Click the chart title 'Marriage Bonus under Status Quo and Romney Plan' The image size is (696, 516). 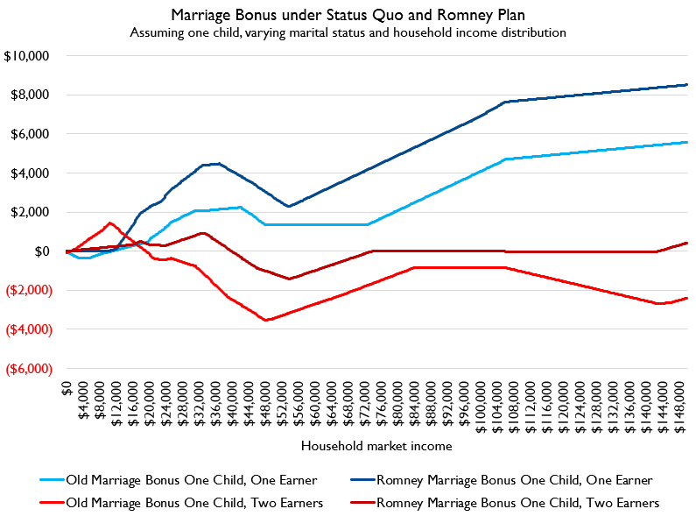pyautogui.click(x=348, y=15)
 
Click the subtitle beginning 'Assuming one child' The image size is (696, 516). pyautogui.click(x=348, y=32)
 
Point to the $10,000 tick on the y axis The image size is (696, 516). pyautogui.click(x=29, y=56)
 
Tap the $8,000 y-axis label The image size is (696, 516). pyautogui.click(x=32, y=95)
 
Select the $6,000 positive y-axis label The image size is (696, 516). pyautogui.click(x=32, y=134)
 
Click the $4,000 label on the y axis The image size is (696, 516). pyautogui.click(x=32, y=173)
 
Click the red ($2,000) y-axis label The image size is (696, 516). pyautogui.click(x=30, y=290)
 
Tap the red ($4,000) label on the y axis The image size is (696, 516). pyautogui.click(x=30, y=329)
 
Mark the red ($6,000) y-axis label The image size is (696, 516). pyautogui.click(x=30, y=369)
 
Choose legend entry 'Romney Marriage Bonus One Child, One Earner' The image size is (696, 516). pyautogui.click(x=514, y=479)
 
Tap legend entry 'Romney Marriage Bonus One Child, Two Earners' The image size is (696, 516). pyautogui.click(x=517, y=502)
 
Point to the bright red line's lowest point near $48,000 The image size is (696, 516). pyautogui.click(x=265, y=320)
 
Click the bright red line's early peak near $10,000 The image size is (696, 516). pyautogui.click(x=109, y=223)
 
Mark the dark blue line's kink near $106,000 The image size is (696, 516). pyautogui.click(x=506, y=102)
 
